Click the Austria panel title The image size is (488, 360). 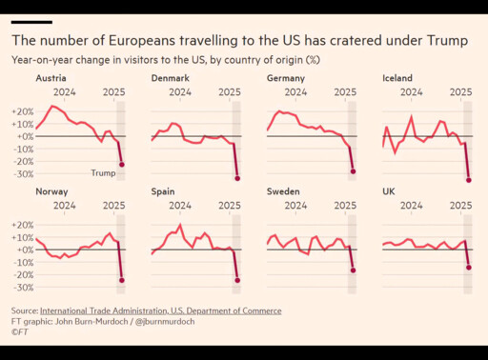click(51, 78)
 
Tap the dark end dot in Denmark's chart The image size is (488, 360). click(237, 178)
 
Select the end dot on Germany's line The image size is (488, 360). click(353, 171)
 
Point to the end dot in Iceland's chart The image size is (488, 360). click(469, 180)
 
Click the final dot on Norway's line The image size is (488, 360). click(122, 280)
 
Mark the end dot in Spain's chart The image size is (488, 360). click(237, 280)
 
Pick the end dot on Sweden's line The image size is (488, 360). click(353, 270)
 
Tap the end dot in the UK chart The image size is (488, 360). click(469, 268)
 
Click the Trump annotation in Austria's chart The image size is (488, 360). click(103, 173)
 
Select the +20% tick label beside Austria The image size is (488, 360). click(23, 111)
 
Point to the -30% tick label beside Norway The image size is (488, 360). click(23, 288)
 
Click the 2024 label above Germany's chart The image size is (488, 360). click(295, 92)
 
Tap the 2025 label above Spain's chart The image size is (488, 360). click(230, 206)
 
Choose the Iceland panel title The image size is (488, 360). click(397, 78)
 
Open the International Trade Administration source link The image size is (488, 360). click(161, 310)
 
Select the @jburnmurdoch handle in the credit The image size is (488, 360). click(165, 322)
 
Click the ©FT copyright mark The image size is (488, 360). click(20, 332)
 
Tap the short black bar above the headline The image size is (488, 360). click(31, 22)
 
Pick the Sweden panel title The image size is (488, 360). click(283, 191)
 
